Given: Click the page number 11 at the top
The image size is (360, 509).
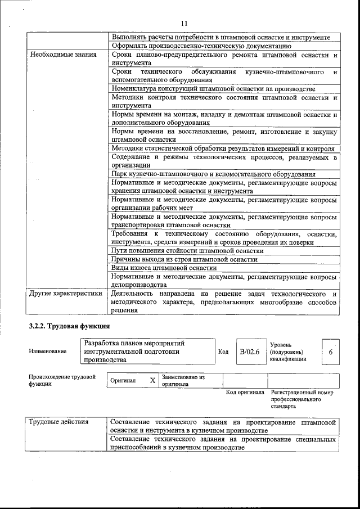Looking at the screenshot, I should click(x=184, y=23).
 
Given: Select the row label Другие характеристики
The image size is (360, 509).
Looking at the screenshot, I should click(x=65, y=294).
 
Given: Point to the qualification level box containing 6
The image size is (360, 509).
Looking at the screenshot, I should click(x=330, y=352).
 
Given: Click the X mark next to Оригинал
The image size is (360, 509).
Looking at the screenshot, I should click(x=152, y=381).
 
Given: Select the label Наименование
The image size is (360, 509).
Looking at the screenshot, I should click(x=47, y=352).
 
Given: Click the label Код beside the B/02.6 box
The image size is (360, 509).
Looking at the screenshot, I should click(x=223, y=352).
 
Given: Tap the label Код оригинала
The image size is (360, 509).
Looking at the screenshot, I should click(x=245, y=392).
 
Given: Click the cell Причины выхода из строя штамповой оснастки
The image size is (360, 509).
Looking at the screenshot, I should click(x=184, y=260).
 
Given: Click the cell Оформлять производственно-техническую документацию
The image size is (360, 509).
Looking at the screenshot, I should click(x=201, y=46).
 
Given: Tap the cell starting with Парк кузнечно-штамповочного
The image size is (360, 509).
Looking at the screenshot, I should click(x=213, y=174).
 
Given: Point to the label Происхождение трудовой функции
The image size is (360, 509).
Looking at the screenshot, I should click(x=62, y=381).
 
